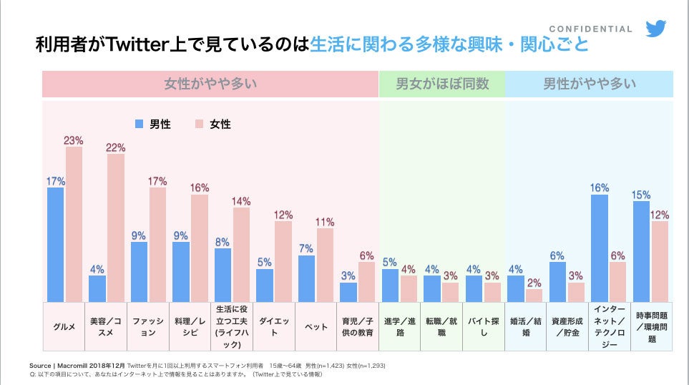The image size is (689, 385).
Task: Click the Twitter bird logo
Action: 655,29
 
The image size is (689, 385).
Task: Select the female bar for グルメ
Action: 74,224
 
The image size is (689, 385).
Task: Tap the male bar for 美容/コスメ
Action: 97,288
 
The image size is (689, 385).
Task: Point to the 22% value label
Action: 116,147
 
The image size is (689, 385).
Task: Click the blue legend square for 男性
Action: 140,124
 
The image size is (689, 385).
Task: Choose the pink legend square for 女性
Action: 200,124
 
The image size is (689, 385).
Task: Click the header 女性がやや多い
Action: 210,84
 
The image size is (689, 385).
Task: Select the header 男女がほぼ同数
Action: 442,84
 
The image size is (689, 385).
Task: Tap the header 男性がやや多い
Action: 589,84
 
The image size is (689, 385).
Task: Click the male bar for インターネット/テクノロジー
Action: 600,248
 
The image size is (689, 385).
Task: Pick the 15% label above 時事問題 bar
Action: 641,195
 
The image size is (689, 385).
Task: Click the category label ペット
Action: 317,327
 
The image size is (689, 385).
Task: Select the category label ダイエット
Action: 275,327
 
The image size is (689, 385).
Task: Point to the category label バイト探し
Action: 484,327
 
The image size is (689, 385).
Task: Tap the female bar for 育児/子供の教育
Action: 366,281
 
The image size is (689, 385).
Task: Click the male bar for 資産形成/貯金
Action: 557,281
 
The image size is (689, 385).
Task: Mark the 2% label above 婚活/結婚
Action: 534,283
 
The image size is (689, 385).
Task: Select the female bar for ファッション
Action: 157,244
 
